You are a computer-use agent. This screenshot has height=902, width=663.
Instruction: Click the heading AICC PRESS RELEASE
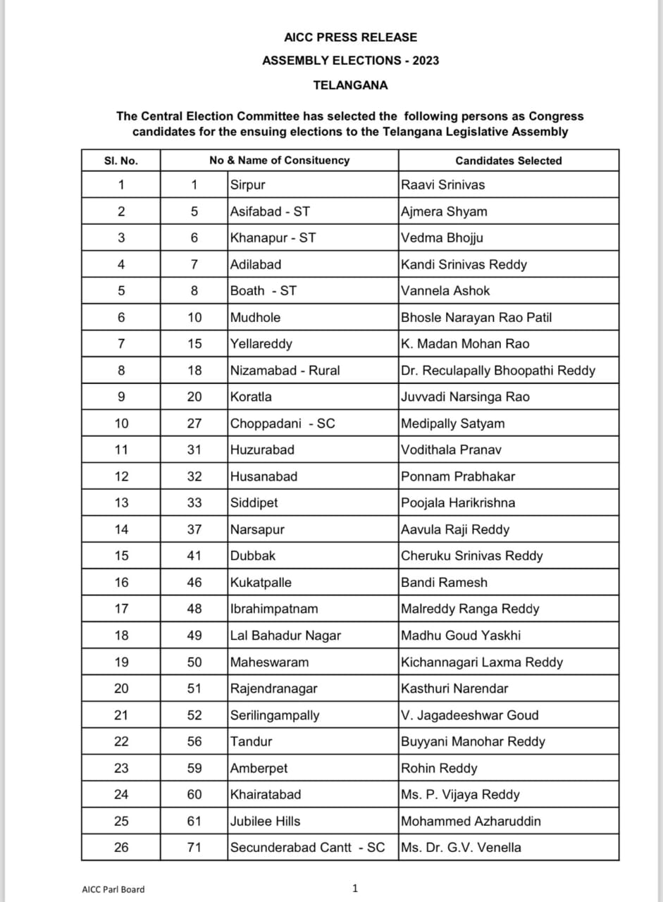click(x=350, y=37)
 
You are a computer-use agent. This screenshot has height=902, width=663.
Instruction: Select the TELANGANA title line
click(x=350, y=85)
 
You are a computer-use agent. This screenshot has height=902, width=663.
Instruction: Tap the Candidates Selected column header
click(x=508, y=161)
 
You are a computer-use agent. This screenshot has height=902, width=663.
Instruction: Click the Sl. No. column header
click(x=120, y=161)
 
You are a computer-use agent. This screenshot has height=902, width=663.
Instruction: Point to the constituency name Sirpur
click(x=247, y=185)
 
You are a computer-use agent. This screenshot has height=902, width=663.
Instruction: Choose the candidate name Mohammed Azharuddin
click(x=471, y=821)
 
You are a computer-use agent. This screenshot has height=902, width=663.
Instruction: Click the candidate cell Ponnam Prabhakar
click(x=457, y=476)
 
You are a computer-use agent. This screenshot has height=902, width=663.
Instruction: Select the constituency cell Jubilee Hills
click(x=265, y=821)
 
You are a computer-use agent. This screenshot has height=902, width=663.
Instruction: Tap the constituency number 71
click(x=194, y=847)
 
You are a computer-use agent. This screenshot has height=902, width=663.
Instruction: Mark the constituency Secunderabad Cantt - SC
click(x=307, y=847)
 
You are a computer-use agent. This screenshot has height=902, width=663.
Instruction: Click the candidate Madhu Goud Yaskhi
click(x=461, y=636)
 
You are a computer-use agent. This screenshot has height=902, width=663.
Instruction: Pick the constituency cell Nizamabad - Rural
click(x=285, y=371)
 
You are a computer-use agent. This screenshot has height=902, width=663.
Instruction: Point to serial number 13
click(x=121, y=503)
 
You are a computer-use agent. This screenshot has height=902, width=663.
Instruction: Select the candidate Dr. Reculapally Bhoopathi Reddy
click(x=497, y=371)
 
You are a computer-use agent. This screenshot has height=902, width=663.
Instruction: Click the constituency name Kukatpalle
click(x=261, y=583)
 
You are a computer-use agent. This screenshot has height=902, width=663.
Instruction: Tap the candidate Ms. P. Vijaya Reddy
click(x=460, y=794)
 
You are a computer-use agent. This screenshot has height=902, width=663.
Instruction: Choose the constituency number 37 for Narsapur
click(x=194, y=529)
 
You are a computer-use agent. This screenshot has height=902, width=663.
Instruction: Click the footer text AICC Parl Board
click(x=113, y=889)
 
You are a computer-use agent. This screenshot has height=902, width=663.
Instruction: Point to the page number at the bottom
click(x=355, y=888)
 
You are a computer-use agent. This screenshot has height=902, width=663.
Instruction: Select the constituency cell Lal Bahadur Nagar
click(x=285, y=636)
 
